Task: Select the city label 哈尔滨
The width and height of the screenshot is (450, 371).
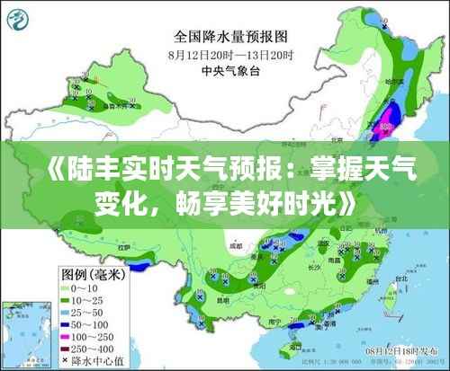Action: pos(397,83)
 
